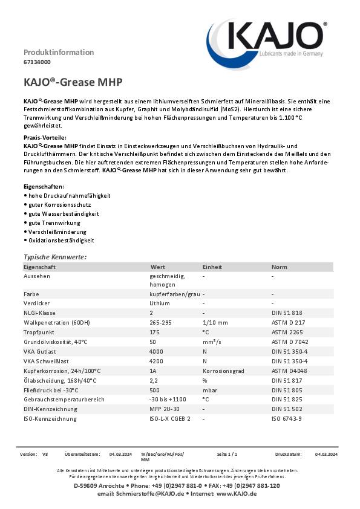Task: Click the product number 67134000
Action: click(37, 62)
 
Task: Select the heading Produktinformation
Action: click(59, 52)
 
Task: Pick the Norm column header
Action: click(280, 267)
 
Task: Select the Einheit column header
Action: click(212, 267)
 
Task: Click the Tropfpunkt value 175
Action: click(155, 332)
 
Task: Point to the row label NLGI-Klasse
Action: click(40, 313)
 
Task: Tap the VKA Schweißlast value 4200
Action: click(156, 361)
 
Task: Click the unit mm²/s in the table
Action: click(212, 342)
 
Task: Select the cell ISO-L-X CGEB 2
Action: click(170, 418)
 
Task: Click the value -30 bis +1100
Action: click(168, 400)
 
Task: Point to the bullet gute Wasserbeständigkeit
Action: click(63, 214)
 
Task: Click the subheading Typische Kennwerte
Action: click(55, 257)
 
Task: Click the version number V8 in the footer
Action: click(45, 453)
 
